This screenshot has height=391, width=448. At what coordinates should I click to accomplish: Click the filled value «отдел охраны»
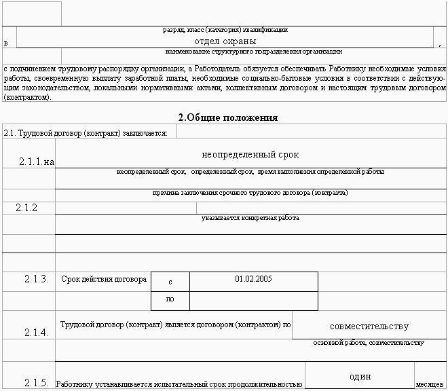225,41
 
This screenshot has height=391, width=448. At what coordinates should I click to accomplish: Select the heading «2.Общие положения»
228,117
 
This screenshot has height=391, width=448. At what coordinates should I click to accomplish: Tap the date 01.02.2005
253,278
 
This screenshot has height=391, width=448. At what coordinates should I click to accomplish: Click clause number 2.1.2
26,208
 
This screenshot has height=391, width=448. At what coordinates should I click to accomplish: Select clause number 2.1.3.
36,279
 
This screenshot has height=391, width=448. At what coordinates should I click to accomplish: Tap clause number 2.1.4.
36,332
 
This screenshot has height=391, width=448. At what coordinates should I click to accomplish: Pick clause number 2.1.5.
36,384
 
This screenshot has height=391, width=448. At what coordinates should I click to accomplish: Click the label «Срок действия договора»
104,279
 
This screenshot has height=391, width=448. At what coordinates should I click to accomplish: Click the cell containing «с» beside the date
170,281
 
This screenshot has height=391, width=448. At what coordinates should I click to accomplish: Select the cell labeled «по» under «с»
170,299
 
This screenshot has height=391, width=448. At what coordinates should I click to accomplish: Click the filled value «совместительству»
369,326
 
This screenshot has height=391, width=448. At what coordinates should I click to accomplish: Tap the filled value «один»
360,377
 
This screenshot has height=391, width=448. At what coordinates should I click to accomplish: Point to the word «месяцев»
430,384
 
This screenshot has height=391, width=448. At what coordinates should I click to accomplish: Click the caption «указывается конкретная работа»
250,218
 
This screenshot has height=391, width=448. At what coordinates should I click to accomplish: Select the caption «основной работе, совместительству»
369,342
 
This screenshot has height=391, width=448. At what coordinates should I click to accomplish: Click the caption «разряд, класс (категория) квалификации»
225,29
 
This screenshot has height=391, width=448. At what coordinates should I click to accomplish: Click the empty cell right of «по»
253,300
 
